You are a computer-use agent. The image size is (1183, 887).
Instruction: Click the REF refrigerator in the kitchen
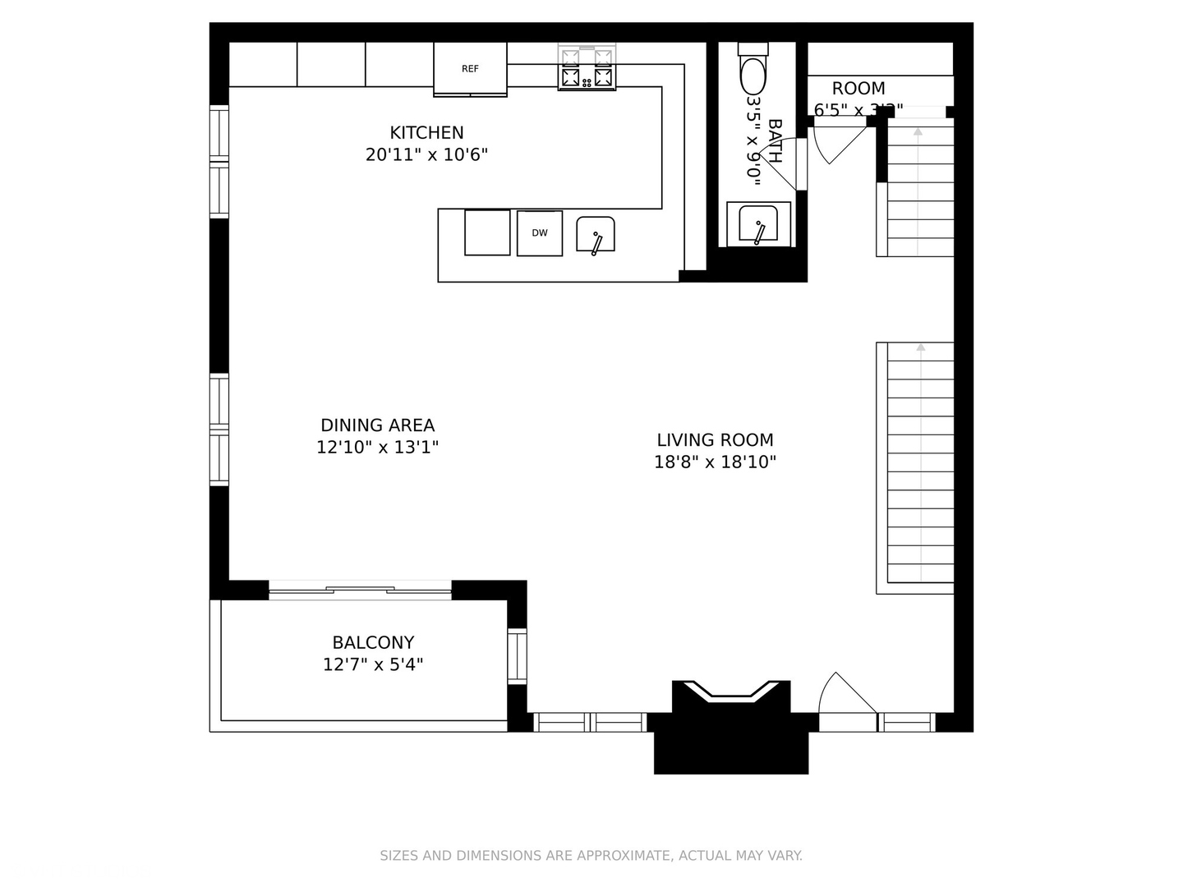click(470, 69)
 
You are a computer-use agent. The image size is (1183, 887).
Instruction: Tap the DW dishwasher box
click(539, 233)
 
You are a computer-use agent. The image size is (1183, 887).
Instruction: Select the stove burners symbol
click(587, 67)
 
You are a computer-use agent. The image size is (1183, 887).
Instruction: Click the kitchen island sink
click(596, 235)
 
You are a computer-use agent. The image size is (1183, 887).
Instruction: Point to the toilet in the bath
click(753, 72)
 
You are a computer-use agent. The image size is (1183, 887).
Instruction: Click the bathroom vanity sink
click(758, 223)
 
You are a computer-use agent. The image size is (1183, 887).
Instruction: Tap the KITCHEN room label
click(426, 132)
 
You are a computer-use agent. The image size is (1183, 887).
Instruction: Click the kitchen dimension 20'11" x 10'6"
click(426, 154)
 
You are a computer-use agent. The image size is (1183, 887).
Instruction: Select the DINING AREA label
click(377, 425)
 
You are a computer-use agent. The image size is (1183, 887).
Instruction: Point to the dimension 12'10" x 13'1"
click(377, 448)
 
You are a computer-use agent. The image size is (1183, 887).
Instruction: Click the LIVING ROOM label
click(715, 440)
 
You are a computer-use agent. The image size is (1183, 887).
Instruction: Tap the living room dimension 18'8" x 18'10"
click(715, 462)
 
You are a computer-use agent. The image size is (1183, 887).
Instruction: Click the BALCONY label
click(373, 642)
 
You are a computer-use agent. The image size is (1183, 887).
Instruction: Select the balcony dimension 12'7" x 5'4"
click(373, 664)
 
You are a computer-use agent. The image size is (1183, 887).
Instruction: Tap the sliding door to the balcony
click(360, 589)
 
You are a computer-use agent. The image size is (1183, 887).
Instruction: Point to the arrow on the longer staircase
click(920, 348)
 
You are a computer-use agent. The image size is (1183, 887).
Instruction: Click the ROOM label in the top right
click(858, 89)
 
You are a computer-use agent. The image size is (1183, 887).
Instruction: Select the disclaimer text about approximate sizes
click(591, 856)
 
